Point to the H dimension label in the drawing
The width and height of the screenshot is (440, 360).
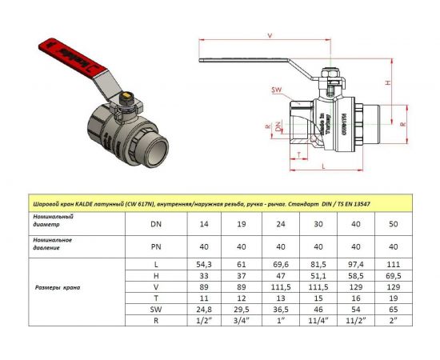point(387,83)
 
